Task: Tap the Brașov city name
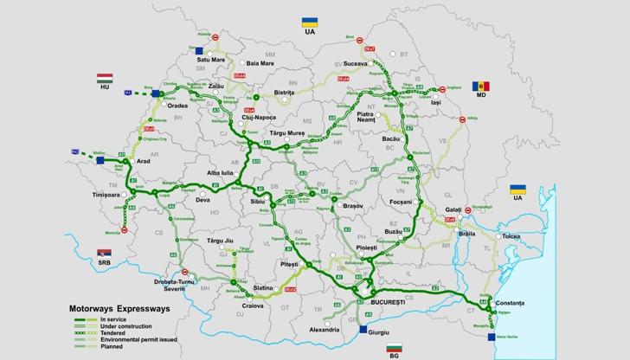[x=352, y=207]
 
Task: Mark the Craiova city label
[x=253, y=306]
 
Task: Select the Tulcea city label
[x=515, y=235]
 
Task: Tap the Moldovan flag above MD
[x=480, y=87]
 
